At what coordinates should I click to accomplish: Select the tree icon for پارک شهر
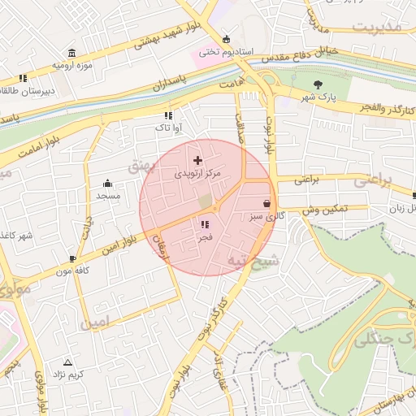(318, 84)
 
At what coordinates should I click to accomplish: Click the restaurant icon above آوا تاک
(168, 115)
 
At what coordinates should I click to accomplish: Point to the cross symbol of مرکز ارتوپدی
(197, 161)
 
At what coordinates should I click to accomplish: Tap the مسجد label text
(108, 196)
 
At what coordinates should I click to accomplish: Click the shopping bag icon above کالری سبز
(267, 203)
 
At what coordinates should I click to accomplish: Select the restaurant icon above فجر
(205, 224)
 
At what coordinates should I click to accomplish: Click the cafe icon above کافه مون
(73, 259)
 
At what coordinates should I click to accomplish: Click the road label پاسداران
(168, 84)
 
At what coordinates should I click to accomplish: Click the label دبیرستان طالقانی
(26, 91)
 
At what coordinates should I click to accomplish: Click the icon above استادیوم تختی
(226, 39)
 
